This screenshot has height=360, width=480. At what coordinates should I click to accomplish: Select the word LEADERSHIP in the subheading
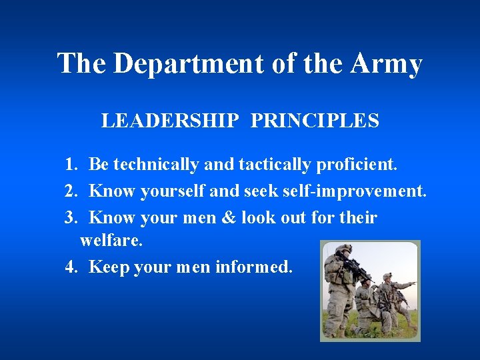coord(170,121)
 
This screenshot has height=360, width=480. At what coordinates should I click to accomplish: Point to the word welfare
coord(111,241)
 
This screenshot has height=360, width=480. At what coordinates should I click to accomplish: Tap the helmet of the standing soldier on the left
coord(343,249)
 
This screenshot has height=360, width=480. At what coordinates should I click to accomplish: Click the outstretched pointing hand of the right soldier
coord(413,283)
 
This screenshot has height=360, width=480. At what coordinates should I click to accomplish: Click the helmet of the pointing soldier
coord(387,276)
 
